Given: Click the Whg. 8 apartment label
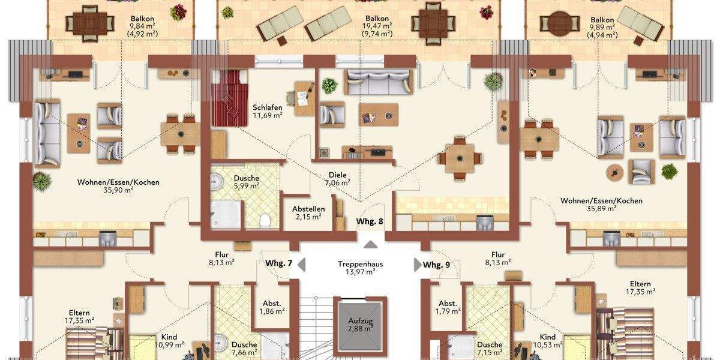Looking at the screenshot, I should [370, 221].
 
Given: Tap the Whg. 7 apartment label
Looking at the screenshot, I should [278, 264].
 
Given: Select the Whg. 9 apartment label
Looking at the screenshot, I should [436, 265].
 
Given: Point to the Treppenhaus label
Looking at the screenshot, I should [360, 264].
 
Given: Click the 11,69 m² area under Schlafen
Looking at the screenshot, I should [268, 115].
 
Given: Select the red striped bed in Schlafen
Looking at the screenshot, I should [229, 97].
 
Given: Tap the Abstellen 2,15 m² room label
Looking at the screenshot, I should [308, 212].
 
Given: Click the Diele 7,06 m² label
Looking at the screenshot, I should [337, 178].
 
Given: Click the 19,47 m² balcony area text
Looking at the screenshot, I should [377, 26].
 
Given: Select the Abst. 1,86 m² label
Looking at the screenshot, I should [271, 307].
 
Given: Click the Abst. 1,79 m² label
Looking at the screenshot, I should [448, 307].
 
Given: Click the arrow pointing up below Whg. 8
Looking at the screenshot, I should [371, 243].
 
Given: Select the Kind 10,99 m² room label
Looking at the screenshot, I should [169, 341].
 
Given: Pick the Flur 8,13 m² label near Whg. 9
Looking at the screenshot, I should [498, 258].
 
